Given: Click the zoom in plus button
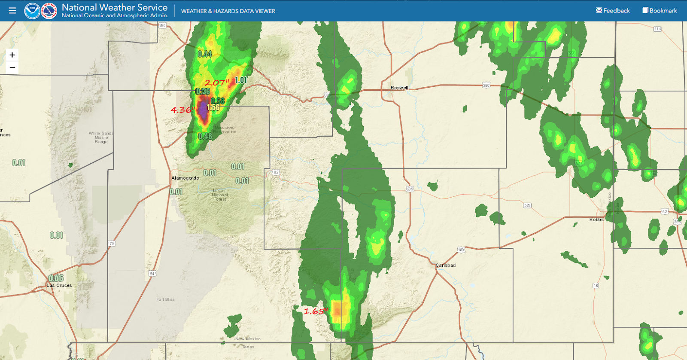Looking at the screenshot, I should pyautogui.click(x=12, y=55).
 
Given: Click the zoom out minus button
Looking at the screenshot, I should pyautogui.click(x=12, y=67).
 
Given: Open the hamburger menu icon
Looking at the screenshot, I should pyautogui.click(x=12, y=11).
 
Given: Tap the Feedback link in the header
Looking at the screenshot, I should pyautogui.click(x=613, y=11).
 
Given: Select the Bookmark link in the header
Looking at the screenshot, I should pyautogui.click(x=660, y=11).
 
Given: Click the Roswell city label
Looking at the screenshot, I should pyautogui.click(x=399, y=88).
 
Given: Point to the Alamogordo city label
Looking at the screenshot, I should pyautogui.click(x=185, y=178).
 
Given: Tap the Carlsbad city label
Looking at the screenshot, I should pyautogui.click(x=445, y=265).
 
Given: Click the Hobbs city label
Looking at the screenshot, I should pyautogui.click(x=596, y=220).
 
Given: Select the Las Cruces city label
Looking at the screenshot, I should pyautogui.click(x=59, y=285).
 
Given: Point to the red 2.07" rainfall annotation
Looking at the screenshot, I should pyautogui.click(x=216, y=82).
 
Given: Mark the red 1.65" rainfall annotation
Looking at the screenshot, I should pyautogui.click(x=316, y=311).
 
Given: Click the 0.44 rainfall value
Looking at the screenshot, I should pyautogui.click(x=205, y=54).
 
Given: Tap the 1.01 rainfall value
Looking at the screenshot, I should pyautogui.click(x=241, y=80).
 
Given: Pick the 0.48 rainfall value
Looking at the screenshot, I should pyautogui.click(x=205, y=137).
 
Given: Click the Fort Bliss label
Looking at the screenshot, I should pyautogui.click(x=165, y=299).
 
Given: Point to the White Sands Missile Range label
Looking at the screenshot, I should pyautogui.click(x=101, y=137).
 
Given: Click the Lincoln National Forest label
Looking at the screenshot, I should pyautogui.click(x=219, y=195).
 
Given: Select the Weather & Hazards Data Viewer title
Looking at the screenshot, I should pyautogui.click(x=228, y=11).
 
